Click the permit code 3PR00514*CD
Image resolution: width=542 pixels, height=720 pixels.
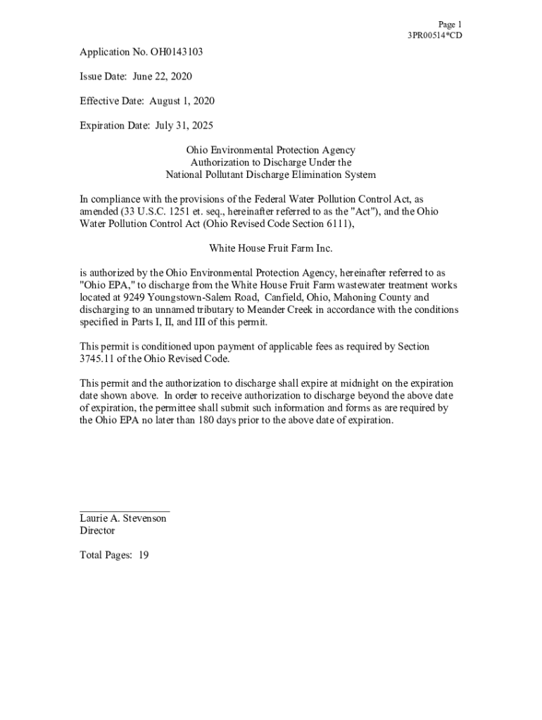pyautogui.click(x=434, y=35)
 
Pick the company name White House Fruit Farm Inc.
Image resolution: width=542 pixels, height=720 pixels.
pyautogui.click(x=270, y=248)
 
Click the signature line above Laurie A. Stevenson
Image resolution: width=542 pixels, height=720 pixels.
pyautogui.click(x=125, y=510)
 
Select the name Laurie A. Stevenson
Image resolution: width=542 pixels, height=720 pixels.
pyautogui.click(x=123, y=518)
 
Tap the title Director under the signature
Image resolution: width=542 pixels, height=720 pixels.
pyautogui.click(x=97, y=531)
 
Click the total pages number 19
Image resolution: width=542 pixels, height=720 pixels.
pyautogui.click(x=143, y=555)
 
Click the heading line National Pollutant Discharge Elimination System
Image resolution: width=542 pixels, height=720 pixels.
pyautogui.click(x=270, y=174)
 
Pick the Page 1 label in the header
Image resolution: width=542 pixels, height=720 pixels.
pyautogui.click(x=450, y=24)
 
